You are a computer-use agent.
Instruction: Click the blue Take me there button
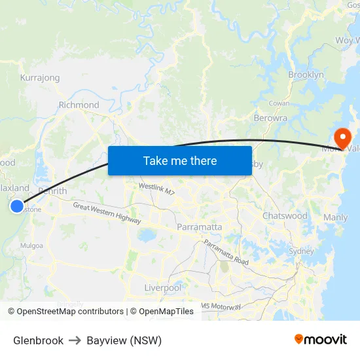click(x=180, y=160)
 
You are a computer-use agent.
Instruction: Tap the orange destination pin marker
click(x=342, y=137)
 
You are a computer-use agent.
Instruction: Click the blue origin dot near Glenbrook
click(x=17, y=206)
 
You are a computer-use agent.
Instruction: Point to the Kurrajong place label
click(x=40, y=78)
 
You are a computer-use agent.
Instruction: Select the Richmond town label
click(x=79, y=105)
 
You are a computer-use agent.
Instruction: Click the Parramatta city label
click(x=199, y=227)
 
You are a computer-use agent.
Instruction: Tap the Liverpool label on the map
click(x=162, y=288)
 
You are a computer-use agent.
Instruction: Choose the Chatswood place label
click(x=285, y=215)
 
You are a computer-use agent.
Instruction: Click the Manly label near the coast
click(x=336, y=217)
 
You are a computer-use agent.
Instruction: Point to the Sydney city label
click(x=301, y=251)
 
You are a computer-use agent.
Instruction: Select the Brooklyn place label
click(x=306, y=75)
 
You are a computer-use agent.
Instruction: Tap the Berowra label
click(x=270, y=118)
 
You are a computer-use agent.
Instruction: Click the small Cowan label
click(x=279, y=103)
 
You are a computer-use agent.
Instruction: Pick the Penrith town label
click(x=52, y=191)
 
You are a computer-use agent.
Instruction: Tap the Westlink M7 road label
click(x=156, y=189)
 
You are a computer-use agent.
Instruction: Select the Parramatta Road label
click(x=226, y=252)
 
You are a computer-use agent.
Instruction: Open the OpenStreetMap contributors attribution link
click(x=66, y=312)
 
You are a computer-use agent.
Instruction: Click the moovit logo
click(x=320, y=340)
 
